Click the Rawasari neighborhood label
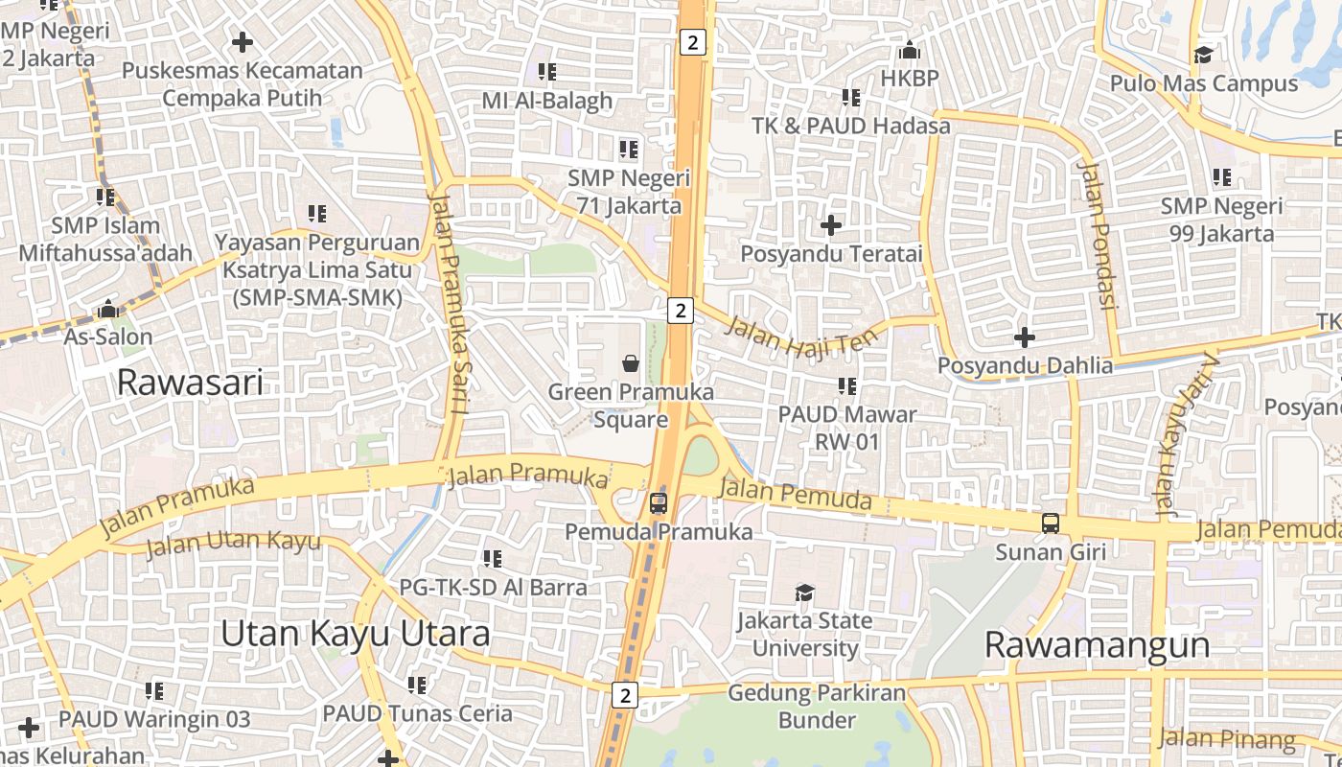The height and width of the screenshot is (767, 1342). tap(190, 383)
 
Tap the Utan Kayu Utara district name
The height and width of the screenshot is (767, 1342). tap(356, 634)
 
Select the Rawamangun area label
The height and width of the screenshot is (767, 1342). tap(1097, 645)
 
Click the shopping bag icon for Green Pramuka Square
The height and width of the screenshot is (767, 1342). tap(631, 362)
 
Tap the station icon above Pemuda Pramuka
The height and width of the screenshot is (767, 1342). tap(658, 502)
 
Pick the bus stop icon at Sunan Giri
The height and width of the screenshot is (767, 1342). tap(1051, 523)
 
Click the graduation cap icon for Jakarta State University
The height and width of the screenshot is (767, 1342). tap(805, 593)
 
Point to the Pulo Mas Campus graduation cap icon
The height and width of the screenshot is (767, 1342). tap(1203, 55)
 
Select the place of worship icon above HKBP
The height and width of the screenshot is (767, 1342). tap(909, 50)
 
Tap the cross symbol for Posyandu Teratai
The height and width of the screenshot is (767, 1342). tap(831, 225)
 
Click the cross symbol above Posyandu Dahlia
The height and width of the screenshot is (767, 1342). tap(1025, 337)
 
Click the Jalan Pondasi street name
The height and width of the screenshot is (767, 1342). tap(1099, 235)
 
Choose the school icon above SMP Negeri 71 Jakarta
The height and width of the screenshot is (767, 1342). tap(629, 150)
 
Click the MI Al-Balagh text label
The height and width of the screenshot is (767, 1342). tap(546, 101)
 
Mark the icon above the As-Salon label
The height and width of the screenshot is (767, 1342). tap(107, 310)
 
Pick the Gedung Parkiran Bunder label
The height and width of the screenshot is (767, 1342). tap(803, 706)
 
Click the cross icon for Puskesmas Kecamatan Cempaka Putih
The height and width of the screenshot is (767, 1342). tap(243, 42)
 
